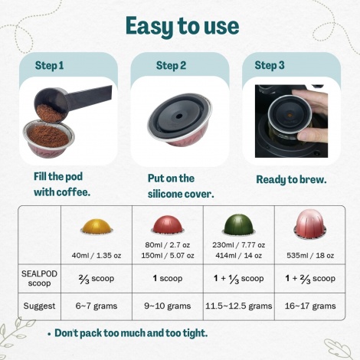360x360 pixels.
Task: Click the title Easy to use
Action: [x=182, y=25]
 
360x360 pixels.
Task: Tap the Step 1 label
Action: [x=50, y=65]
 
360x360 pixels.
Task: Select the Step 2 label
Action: [x=171, y=65]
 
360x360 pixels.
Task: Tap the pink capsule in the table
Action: [x=308, y=226]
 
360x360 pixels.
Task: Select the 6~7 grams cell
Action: [x=97, y=305]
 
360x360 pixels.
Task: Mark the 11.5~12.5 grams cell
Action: [x=238, y=305]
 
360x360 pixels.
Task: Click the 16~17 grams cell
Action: [x=308, y=305]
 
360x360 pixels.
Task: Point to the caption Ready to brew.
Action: [x=291, y=180]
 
